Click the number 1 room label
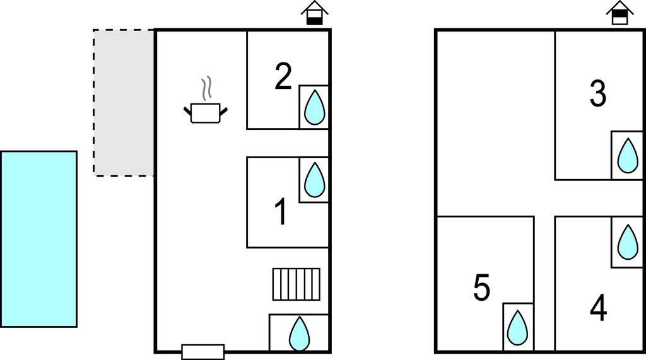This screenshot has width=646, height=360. pos(281,212)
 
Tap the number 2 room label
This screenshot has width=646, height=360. pos(283,76)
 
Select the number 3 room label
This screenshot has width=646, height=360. pos(597,93)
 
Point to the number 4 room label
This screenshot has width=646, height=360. pos(598,308)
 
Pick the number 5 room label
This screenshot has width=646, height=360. pos(481,288)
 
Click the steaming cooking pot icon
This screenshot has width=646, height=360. pos(206,112)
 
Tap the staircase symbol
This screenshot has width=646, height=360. pos(297,284)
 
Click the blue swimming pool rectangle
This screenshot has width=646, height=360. pos(38,239)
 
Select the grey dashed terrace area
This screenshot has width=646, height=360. pos(124,102)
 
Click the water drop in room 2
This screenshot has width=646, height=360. pos(314,107)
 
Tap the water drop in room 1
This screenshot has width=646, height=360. pos(314,180)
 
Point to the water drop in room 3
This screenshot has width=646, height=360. pos(627,155)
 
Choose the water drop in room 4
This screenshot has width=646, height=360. pos(627,241)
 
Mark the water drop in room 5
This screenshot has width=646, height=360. pos(518,327)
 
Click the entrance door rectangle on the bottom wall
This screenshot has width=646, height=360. pos(203,352)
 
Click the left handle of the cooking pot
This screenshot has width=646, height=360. pos(187,112)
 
